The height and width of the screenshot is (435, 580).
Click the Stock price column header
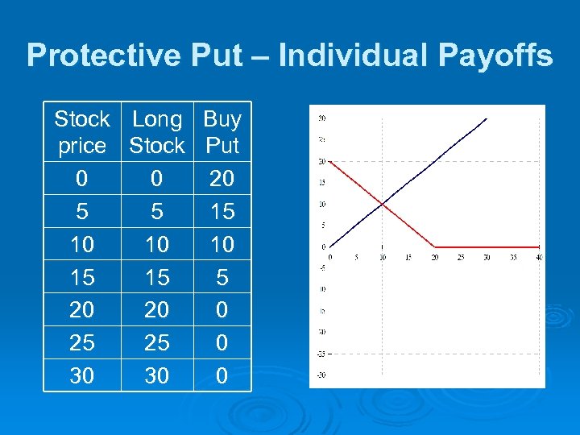point(81,132)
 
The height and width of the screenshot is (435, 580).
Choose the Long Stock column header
point(157,132)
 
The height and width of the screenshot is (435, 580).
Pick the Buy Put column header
point(222,132)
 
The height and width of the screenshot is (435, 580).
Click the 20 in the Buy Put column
point(222,178)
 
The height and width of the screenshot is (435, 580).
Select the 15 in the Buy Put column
point(222,211)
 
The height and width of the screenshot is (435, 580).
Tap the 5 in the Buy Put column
point(222,277)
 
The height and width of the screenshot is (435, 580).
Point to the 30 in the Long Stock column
point(157,375)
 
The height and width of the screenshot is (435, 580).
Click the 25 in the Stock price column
point(81,342)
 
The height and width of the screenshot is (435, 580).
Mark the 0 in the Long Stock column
point(157,178)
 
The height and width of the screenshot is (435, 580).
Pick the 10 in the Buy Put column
point(222,244)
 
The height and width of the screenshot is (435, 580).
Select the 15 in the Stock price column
point(81,277)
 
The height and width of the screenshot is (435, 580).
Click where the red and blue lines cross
point(383,204)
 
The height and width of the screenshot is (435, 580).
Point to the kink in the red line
point(435,246)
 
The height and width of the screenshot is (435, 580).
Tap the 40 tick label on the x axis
point(539,258)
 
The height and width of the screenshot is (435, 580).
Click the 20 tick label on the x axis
point(435,258)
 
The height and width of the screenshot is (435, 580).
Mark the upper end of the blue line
point(487,118)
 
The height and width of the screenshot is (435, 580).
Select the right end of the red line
point(539,246)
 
